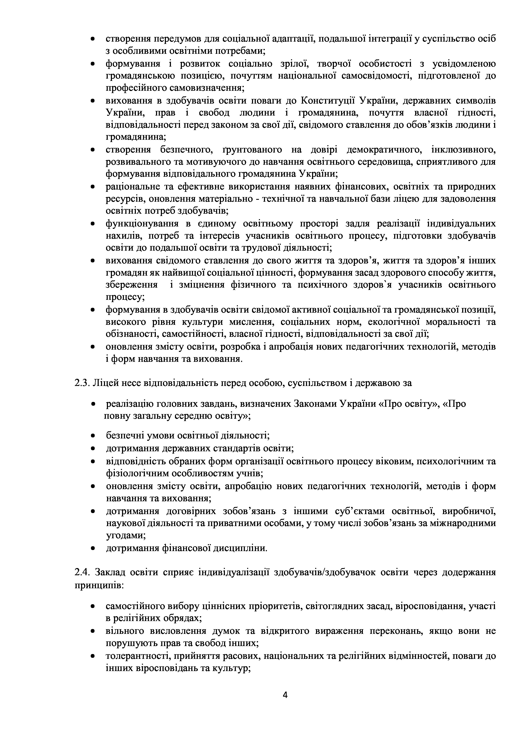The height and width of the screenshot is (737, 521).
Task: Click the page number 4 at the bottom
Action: pyautogui.click(x=285, y=695)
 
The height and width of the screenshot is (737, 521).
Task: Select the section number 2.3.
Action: pyautogui.click(x=82, y=383)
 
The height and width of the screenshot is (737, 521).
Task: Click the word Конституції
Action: pyautogui.click(x=328, y=101)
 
